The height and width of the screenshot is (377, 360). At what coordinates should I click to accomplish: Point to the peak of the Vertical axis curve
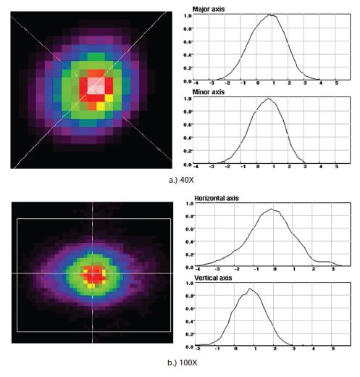point(249,289)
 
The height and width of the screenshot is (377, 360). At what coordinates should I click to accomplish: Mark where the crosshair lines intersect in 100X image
point(93,273)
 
